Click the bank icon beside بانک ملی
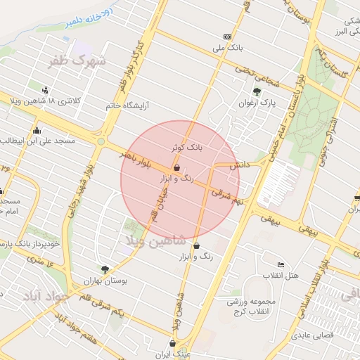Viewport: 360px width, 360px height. click(226, 37)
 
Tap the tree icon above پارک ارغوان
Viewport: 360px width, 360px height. click(257, 91)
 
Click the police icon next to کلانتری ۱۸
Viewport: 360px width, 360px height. click(46, 90)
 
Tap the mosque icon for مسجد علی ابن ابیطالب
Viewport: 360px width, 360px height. click(37, 130)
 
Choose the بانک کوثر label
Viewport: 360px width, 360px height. click(186, 148)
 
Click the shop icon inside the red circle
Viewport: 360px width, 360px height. click(176, 167)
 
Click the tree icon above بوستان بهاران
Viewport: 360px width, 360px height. click(105, 269)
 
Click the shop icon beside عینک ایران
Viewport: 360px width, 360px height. click(172, 343)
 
